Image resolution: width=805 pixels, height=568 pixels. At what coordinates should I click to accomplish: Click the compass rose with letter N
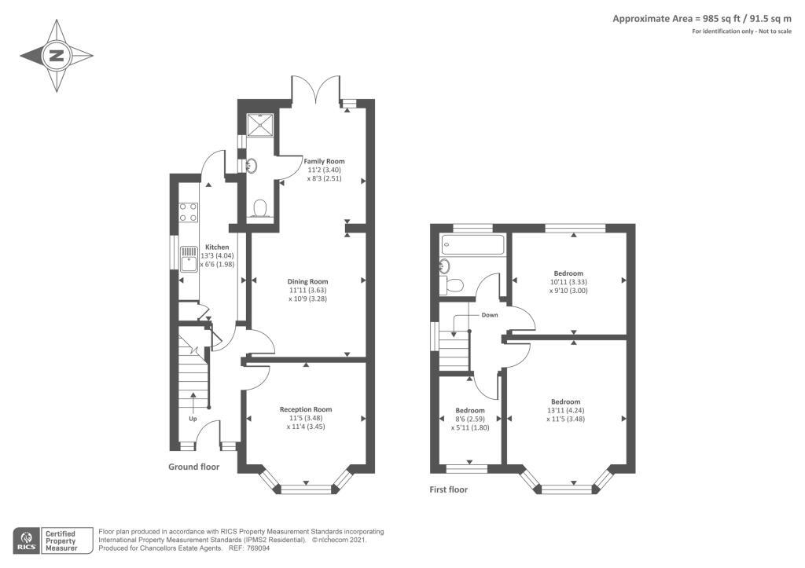[x=57, y=56]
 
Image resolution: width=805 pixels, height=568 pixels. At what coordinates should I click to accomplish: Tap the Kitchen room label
[x=217, y=247]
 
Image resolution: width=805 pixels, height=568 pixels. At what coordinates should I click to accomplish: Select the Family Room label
[x=324, y=161]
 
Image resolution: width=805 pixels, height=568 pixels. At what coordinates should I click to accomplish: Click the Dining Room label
[x=307, y=281]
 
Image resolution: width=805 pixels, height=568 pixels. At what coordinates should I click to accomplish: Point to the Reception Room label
[x=306, y=409]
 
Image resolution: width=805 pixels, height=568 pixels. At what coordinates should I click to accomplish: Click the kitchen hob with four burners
[x=189, y=212]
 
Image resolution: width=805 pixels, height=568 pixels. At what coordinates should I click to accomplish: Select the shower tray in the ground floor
[x=259, y=126]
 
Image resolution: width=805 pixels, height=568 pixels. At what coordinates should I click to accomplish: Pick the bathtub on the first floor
[x=472, y=244]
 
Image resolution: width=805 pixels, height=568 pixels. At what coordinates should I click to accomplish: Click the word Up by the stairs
[x=193, y=419]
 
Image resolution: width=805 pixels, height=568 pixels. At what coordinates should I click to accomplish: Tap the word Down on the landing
[x=490, y=314]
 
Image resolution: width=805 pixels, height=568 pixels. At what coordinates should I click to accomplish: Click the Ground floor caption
[x=193, y=467]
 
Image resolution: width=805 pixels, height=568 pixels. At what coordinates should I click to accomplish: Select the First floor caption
[x=448, y=490]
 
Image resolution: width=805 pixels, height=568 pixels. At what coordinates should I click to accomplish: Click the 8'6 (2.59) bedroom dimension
[x=470, y=420]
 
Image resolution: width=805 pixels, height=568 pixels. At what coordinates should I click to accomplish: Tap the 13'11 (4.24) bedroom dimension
[x=565, y=410]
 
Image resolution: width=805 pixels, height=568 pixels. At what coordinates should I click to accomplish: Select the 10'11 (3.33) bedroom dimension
[x=568, y=282]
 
